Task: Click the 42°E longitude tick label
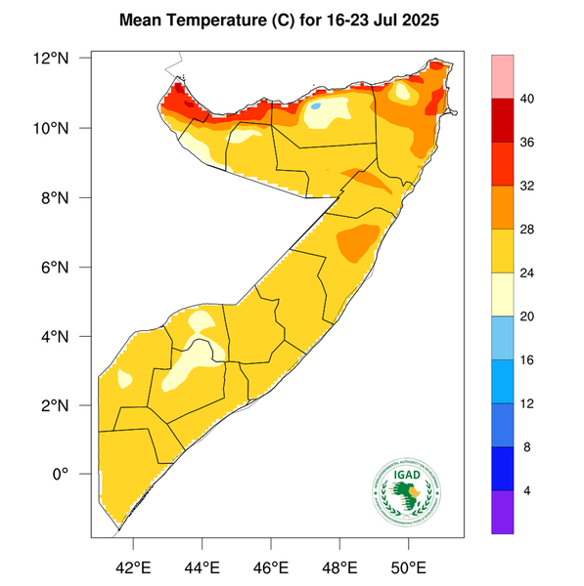tap(133, 567)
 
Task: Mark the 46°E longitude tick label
tap(270, 567)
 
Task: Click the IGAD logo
tap(405, 489)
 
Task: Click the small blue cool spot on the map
tap(317, 105)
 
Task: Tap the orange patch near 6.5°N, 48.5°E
tap(357, 240)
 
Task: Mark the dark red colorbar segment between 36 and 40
tap(503, 120)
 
